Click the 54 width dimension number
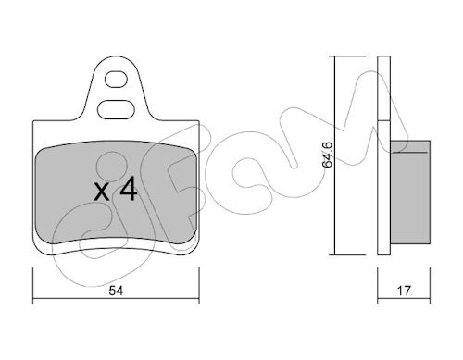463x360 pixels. click(x=116, y=291)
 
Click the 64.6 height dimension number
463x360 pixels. click(x=327, y=155)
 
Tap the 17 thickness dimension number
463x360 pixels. click(x=404, y=291)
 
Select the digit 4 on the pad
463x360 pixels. click(x=129, y=189)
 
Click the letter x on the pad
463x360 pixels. click(x=102, y=192)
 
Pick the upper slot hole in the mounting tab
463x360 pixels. click(x=116, y=80)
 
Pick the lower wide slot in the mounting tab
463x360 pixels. click(x=116, y=109)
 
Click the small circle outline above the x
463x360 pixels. click(x=112, y=167)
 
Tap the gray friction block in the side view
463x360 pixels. click(x=410, y=192)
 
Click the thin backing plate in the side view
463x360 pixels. click(x=384, y=155)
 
